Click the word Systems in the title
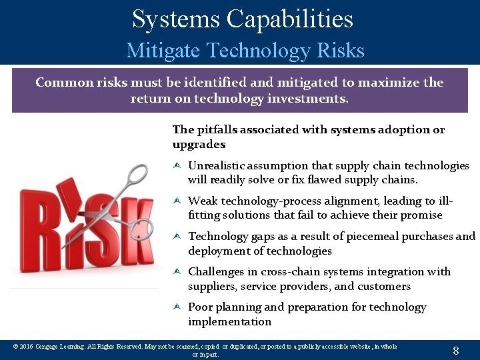[x=175, y=19]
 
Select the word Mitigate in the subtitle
[x=164, y=51]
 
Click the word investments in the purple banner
[x=311, y=99]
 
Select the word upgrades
[x=199, y=144]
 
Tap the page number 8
[x=455, y=351]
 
